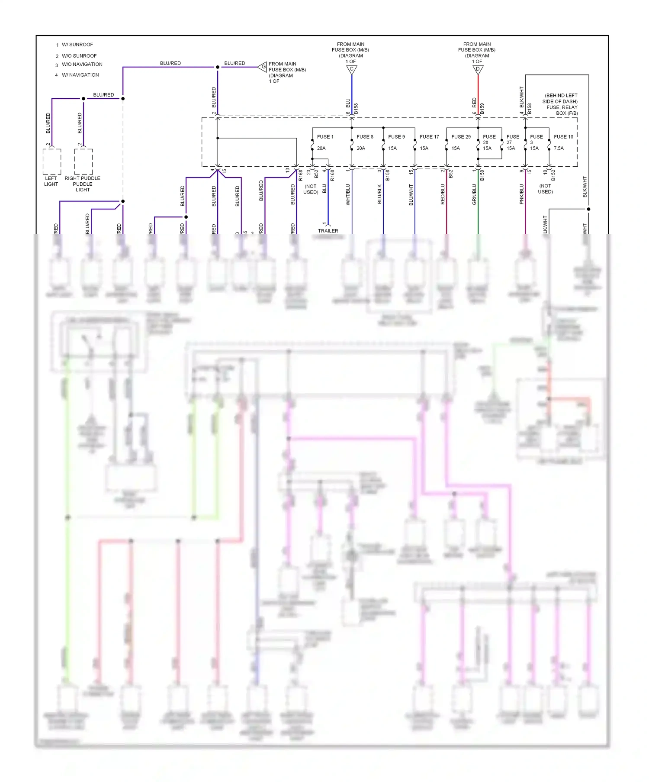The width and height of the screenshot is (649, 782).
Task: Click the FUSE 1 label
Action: click(325, 137)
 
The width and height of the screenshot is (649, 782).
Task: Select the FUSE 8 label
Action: click(365, 137)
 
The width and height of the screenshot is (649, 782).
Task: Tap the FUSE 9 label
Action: click(396, 137)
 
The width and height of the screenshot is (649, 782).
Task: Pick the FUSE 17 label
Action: click(429, 137)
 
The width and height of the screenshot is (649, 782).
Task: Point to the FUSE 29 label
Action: click(461, 137)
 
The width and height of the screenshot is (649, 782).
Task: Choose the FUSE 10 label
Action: click(563, 137)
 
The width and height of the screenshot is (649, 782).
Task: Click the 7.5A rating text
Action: click(559, 148)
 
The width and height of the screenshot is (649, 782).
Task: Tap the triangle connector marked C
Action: click(352, 69)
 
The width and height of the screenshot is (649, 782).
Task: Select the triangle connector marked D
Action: click(478, 69)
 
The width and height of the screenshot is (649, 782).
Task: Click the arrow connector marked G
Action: click(263, 67)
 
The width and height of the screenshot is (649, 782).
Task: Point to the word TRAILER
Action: click(328, 231)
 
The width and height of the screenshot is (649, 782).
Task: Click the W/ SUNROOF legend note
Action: click(77, 45)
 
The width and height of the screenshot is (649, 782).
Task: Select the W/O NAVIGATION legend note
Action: click(82, 65)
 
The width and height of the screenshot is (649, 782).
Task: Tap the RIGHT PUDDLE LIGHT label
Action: click(82, 184)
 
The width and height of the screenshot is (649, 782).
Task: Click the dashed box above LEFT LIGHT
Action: click(52, 162)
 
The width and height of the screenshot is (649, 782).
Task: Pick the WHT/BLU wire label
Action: click(348, 194)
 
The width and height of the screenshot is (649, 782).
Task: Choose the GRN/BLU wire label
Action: click(474, 194)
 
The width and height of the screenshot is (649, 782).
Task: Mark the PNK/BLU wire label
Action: click(521, 194)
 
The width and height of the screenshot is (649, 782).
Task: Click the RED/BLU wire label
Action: click(443, 194)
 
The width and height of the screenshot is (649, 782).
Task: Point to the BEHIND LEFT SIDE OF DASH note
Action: click(560, 104)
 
